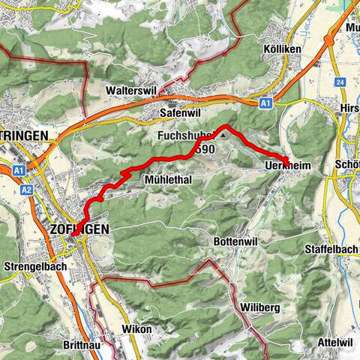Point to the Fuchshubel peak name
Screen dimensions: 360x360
186,136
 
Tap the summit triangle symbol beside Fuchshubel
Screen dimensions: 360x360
223,135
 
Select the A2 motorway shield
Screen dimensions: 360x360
26,190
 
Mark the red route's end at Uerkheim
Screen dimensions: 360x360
286,159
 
